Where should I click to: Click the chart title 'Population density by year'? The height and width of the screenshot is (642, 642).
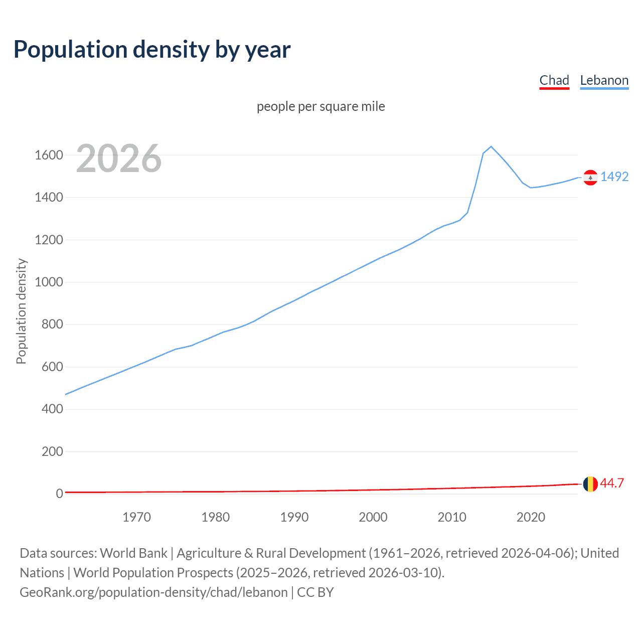tap(152, 49)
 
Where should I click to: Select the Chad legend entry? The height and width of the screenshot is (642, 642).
tap(554, 80)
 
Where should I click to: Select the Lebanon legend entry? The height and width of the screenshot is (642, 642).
tap(604, 80)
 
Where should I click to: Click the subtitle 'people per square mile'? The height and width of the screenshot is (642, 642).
tap(321, 106)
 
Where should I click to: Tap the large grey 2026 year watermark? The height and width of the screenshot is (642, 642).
tap(119, 158)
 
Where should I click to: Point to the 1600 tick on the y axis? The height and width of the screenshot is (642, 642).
tap(49, 155)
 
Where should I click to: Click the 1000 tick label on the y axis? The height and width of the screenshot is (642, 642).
tap(49, 282)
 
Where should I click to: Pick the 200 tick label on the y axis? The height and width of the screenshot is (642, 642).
tap(52, 451)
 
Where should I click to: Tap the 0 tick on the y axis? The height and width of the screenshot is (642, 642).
tap(59, 494)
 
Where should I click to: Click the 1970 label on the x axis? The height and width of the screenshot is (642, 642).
tap(136, 517)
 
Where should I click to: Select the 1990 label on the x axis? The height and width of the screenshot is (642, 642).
tap(294, 517)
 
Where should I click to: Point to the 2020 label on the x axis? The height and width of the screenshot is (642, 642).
tap(531, 517)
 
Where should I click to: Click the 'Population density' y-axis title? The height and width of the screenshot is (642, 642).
tap(21, 311)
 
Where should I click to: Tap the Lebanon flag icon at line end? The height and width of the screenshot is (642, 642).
tap(590, 178)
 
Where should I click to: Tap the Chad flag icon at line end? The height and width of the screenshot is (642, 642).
tap(590, 484)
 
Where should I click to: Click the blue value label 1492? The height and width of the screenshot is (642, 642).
tap(614, 177)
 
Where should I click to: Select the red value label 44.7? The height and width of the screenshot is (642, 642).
tap(612, 483)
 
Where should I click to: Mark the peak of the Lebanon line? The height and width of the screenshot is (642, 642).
tap(491, 146)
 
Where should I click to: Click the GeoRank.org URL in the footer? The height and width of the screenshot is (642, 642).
tap(153, 592)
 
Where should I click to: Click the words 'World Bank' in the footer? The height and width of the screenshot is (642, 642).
tap(133, 553)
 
